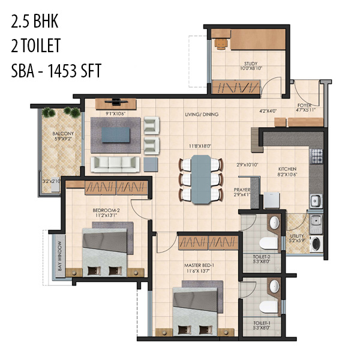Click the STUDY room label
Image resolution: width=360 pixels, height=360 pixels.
click(250, 63)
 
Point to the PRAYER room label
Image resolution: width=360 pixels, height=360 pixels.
click(242, 190)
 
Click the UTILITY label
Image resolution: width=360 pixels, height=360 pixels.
click(297, 236)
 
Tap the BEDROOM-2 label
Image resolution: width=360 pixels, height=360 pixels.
click(106, 210)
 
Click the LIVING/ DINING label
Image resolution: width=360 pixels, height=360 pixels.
click(201, 114)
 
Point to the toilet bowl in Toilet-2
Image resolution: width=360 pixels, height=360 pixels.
click(268, 242)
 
